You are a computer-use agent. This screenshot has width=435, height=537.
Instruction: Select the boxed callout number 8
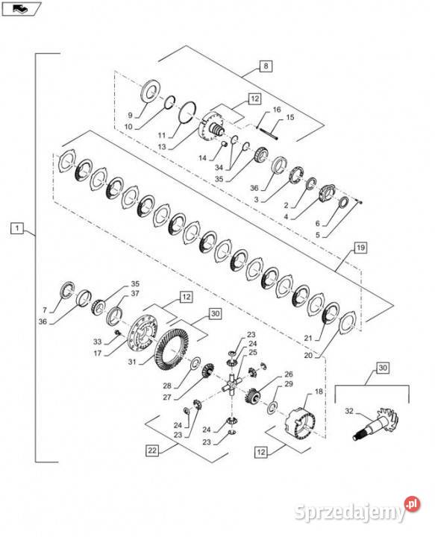[265, 66]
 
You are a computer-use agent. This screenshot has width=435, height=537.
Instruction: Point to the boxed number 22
[152, 450]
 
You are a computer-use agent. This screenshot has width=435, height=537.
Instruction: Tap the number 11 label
[161, 136]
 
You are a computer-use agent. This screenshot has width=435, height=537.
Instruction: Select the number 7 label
[45, 309]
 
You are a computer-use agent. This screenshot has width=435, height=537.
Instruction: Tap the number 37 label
[135, 293]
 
